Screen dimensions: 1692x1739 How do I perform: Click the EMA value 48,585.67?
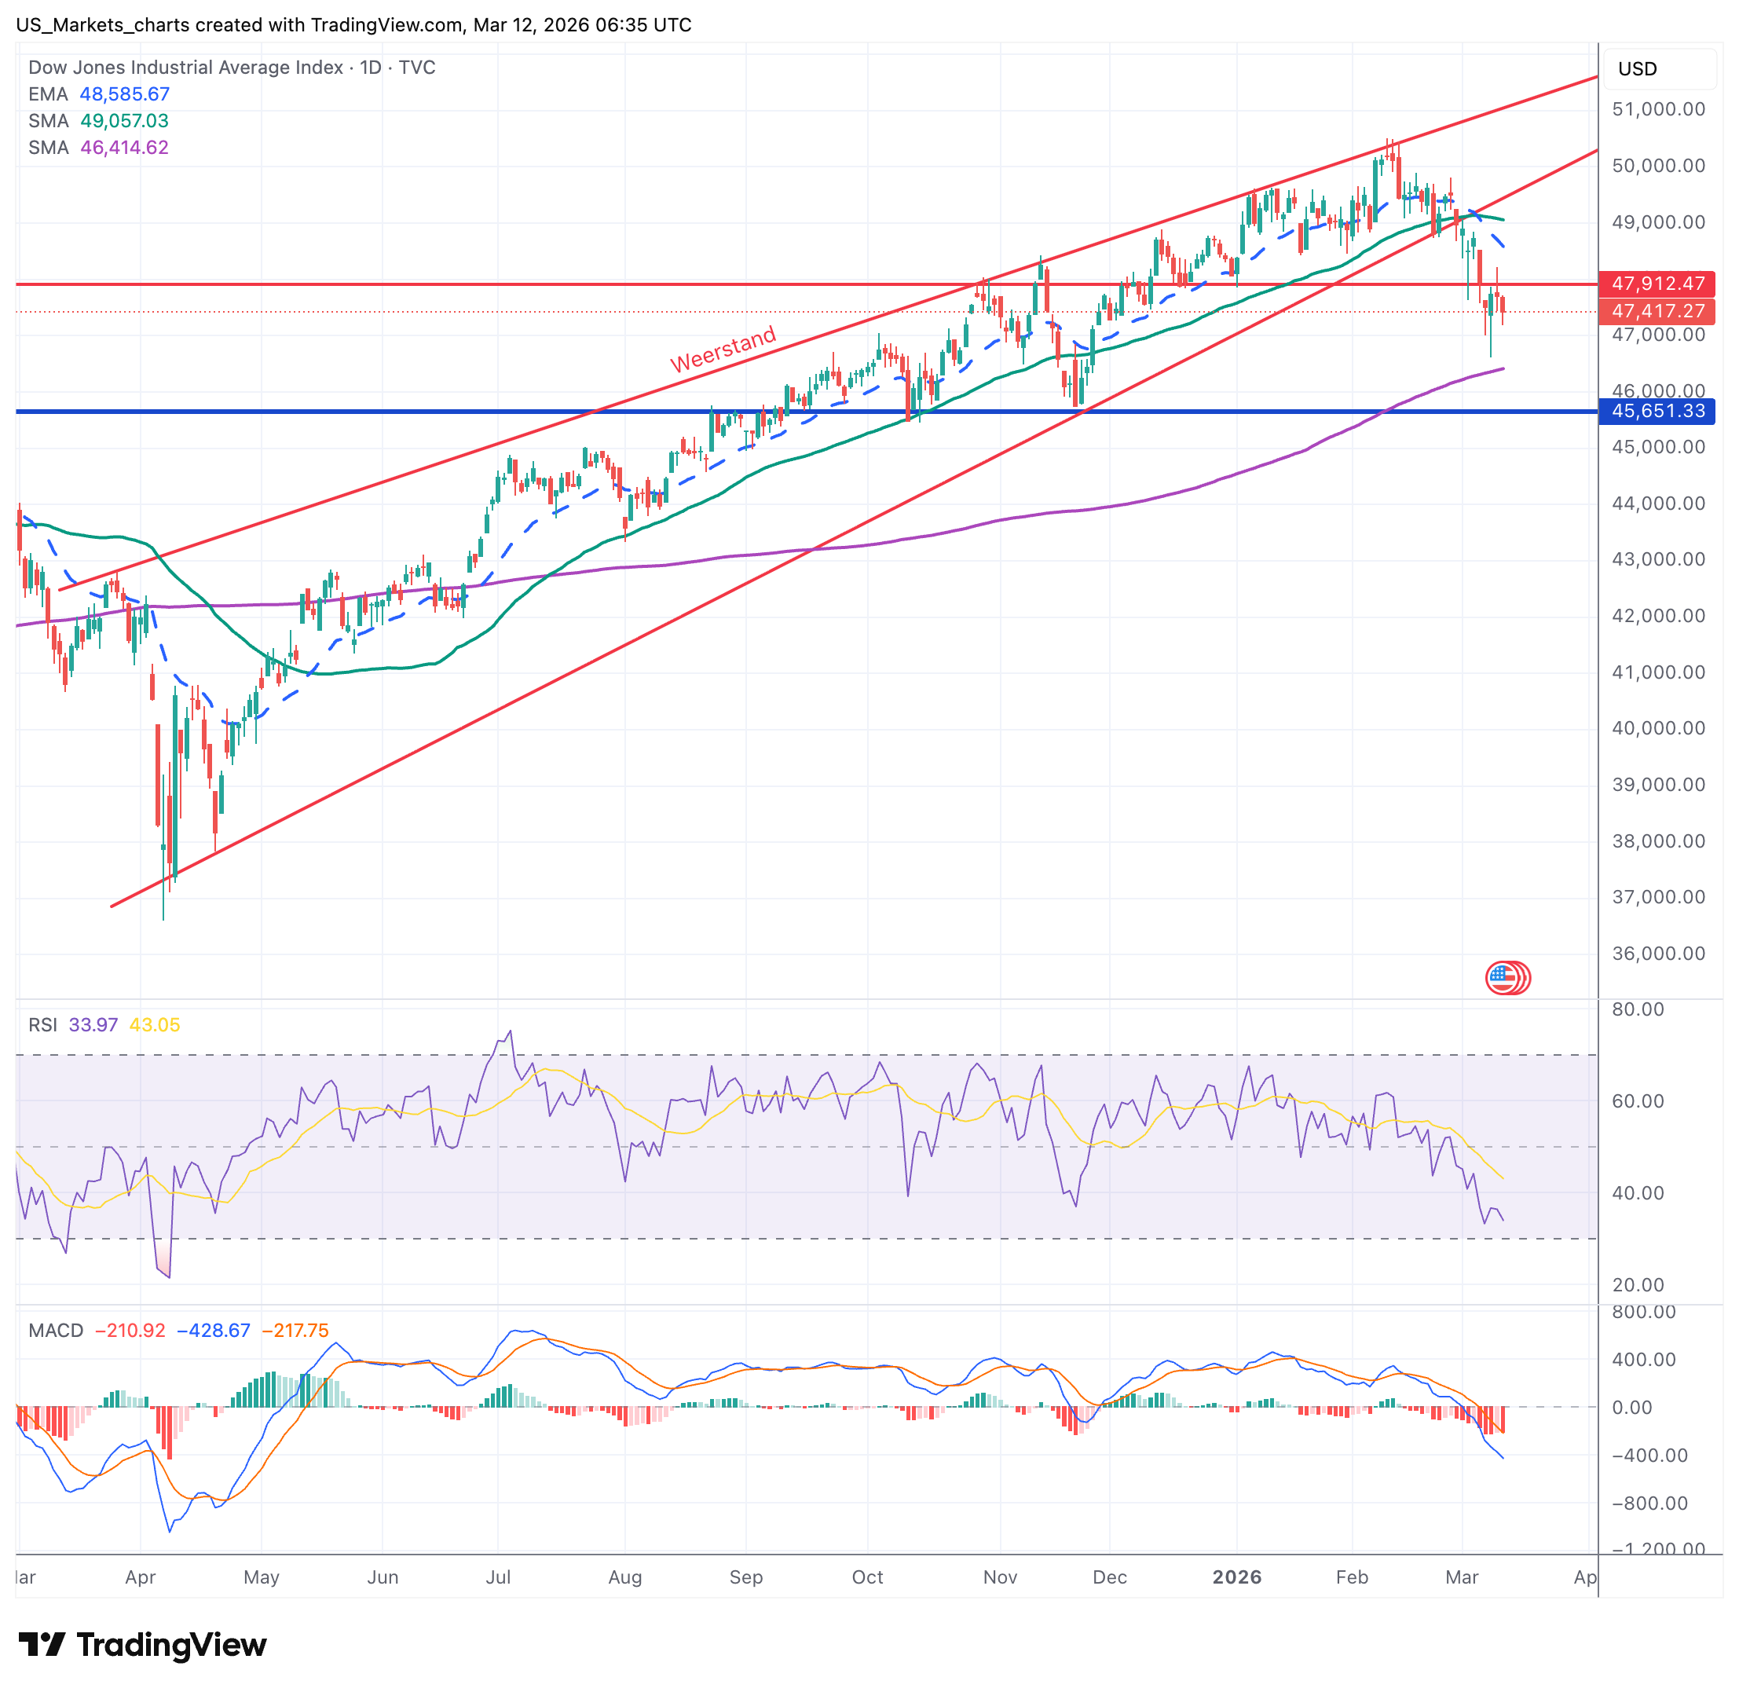[124, 94]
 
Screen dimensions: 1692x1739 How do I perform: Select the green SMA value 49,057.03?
[124, 121]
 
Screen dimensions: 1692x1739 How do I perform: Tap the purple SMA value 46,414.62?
[124, 148]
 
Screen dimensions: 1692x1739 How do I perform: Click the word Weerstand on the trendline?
[723, 350]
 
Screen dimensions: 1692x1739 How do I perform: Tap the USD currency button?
[1637, 69]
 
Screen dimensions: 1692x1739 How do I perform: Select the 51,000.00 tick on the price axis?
[1658, 109]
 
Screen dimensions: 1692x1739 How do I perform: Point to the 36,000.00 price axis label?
[1658, 954]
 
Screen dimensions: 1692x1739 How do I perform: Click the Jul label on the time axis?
[498, 1577]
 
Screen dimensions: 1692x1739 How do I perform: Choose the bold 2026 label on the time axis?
[1237, 1577]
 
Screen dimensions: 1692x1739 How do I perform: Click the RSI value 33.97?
[93, 1024]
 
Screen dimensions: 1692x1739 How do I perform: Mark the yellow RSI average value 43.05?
[155, 1024]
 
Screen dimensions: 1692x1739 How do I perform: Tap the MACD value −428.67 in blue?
[214, 1331]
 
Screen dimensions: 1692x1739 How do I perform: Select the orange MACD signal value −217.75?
[290, 1331]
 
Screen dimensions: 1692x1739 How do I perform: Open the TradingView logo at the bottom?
[142, 1645]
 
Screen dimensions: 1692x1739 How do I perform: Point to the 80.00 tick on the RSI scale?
[1638, 1009]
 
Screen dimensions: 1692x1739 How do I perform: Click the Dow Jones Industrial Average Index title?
[185, 68]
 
